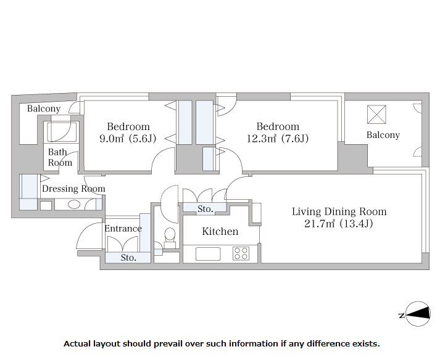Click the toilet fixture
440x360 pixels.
[x=170, y=238]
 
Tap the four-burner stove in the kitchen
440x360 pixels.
[x=241, y=253]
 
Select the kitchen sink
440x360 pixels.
[x=208, y=254]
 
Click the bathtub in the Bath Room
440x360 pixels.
[x=62, y=132]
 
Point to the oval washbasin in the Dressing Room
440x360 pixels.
[x=74, y=205]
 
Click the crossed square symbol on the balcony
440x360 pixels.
[x=376, y=115]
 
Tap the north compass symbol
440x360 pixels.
[x=415, y=314]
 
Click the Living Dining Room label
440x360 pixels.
[x=339, y=211]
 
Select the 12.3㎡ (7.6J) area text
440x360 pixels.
[x=278, y=139]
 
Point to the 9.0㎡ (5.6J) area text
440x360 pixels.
[x=128, y=139]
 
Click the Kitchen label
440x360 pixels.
[x=220, y=231]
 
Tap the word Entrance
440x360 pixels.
[x=123, y=229]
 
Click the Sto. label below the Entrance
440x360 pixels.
[x=128, y=258]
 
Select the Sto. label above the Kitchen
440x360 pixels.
[x=205, y=209]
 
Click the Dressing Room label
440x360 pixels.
[x=73, y=189]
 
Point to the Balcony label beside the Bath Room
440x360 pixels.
[x=44, y=108]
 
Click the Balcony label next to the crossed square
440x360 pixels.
[x=383, y=135]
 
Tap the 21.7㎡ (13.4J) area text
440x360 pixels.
[x=339, y=223]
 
